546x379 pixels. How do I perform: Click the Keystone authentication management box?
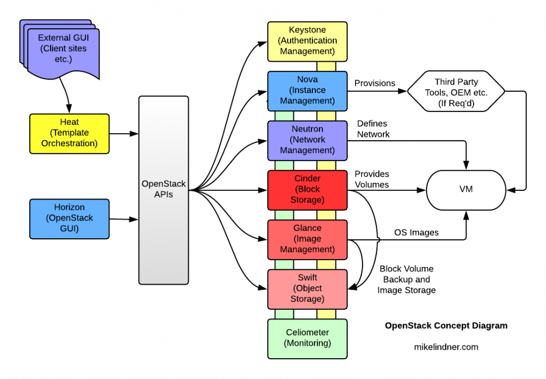(307, 41)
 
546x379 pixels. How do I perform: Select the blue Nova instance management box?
(307, 90)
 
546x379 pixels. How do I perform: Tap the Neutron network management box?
(307, 140)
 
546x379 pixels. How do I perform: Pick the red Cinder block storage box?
(307, 189)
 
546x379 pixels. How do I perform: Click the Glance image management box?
(307, 239)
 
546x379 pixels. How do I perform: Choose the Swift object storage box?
(307, 288)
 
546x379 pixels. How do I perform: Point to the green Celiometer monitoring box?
(307, 338)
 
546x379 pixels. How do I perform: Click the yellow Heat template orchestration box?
(69, 133)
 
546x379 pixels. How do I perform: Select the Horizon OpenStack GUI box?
(69, 219)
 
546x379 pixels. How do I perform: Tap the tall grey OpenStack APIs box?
(163, 189)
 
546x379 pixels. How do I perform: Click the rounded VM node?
(467, 189)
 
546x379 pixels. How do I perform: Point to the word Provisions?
(375, 83)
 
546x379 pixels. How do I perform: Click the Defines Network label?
(373, 129)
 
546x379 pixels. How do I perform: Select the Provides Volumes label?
(372, 179)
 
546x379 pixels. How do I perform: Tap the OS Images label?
(416, 232)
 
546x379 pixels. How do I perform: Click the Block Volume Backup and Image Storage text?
(406, 280)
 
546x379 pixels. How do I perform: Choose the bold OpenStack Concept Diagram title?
(446, 326)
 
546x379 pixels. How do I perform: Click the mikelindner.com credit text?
(446, 347)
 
